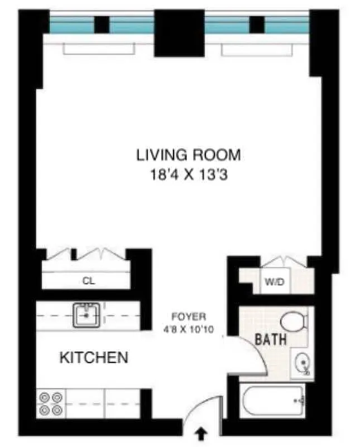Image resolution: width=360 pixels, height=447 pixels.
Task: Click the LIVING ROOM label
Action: point(189,155)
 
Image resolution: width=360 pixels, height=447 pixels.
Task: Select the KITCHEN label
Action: point(94,358)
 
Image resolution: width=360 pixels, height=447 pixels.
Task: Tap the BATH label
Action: point(271,339)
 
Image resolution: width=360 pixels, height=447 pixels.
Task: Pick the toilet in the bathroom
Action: point(294,322)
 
